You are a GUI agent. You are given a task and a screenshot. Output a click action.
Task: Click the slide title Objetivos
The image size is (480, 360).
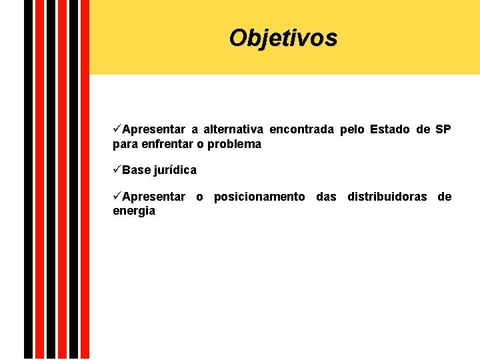click(283, 37)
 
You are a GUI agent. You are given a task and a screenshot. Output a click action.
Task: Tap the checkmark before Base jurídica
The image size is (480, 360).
click(117, 169)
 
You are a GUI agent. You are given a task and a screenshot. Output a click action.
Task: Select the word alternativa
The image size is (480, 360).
click(233, 129)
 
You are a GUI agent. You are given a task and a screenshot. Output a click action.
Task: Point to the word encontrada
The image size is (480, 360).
click(301, 129)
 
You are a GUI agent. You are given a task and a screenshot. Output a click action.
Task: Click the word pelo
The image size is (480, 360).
click(352, 129)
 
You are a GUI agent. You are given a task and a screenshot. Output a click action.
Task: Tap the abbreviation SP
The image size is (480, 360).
click(443, 129)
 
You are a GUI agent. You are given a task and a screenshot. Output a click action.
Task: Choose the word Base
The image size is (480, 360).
click(137, 170)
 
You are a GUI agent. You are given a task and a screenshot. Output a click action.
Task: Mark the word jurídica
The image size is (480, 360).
click(175, 170)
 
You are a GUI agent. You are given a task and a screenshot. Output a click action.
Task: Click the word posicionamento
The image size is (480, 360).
click(259, 197)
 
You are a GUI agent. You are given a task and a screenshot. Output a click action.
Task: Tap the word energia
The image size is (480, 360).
click(134, 211)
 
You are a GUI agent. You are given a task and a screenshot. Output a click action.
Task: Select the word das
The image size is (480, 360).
click(326, 197)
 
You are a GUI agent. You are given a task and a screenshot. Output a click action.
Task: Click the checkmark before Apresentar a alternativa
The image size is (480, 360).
click(117, 129)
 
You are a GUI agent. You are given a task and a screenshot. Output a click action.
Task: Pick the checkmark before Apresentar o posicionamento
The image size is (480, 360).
click(117, 196)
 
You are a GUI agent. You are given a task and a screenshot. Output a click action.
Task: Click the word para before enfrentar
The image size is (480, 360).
click(125, 145)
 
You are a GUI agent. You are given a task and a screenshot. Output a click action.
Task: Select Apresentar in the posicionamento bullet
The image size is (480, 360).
click(154, 197)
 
